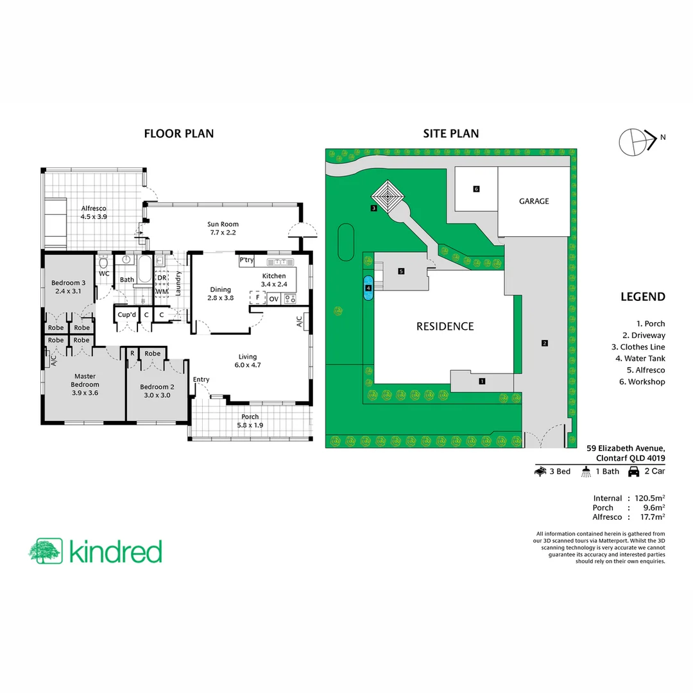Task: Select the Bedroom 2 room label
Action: tap(157, 391)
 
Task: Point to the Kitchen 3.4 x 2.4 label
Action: tap(273, 280)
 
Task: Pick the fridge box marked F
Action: tap(257, 298)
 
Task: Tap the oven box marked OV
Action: tap(274, 299)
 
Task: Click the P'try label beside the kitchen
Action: tap(247, 261)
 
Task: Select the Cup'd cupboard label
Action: tap(126, 314)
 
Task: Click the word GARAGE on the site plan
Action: tap(534, 201)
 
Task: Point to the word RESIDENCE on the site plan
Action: tap(445, 326)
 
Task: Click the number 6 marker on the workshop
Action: tap(476, 189)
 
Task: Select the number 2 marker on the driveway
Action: tap(543, 343)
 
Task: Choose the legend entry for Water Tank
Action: tap(642, 359)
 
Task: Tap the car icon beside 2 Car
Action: tap(633, 472)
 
